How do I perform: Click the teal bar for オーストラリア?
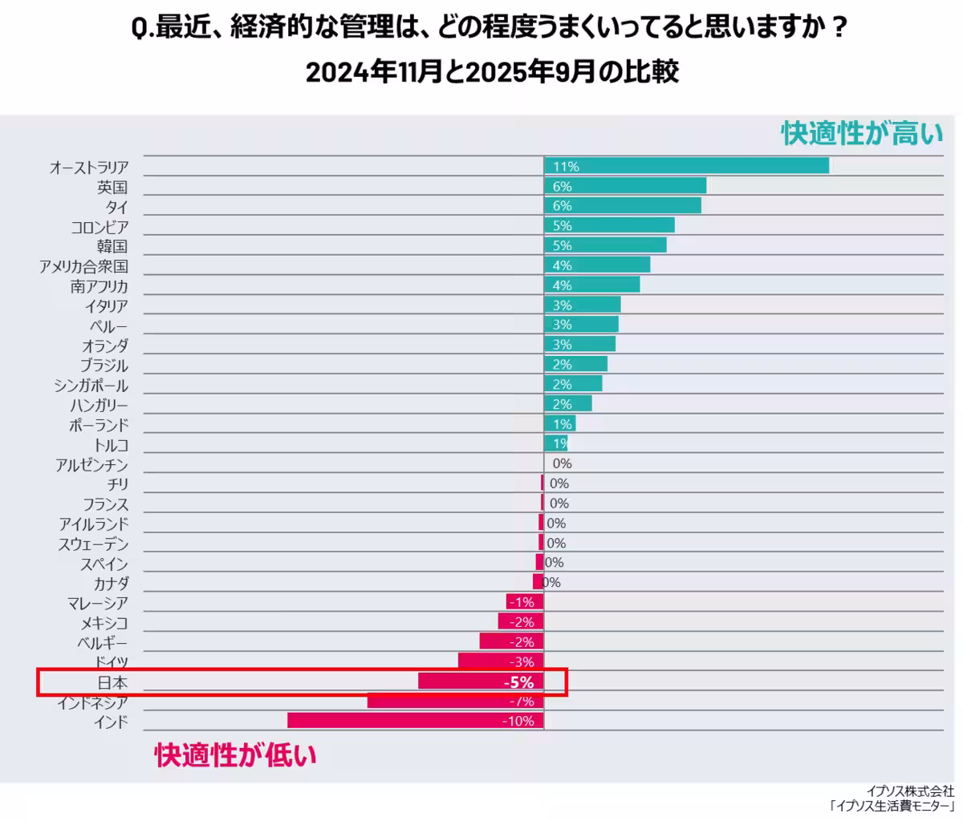686,166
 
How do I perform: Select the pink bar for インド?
415,721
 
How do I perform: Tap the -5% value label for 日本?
518,682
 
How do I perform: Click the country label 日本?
112,682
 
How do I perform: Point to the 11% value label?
566,167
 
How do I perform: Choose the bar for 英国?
625,186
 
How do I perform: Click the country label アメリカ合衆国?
83,266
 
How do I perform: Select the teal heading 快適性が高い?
862,133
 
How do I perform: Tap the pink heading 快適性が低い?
236,755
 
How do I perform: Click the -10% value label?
518,722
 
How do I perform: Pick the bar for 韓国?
605,245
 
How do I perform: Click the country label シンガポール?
91,386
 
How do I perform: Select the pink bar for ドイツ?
501,661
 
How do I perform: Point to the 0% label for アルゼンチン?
562,464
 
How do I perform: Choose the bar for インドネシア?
455,702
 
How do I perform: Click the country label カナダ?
111,584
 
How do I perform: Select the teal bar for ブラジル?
575,364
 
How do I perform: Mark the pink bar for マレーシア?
525,602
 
